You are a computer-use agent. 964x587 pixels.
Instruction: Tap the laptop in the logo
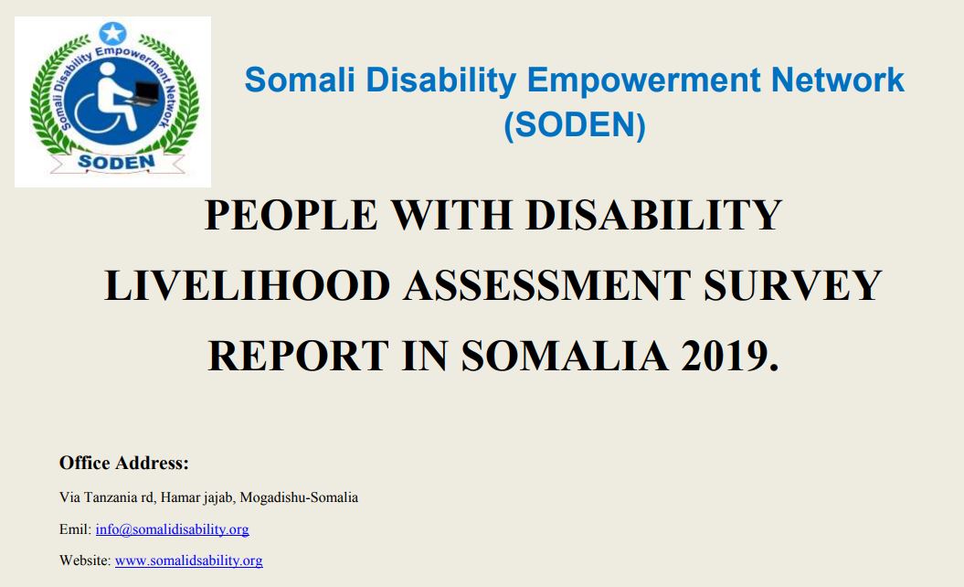pos(143,91)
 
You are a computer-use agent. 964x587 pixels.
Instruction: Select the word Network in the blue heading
pos(838,80)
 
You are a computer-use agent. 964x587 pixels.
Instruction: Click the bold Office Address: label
pos(123,464)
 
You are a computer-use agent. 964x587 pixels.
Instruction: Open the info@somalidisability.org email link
pos(172,529)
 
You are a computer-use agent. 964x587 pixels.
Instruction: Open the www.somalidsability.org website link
pos(188,560)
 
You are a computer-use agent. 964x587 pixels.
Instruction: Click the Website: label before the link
pos(85,560)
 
